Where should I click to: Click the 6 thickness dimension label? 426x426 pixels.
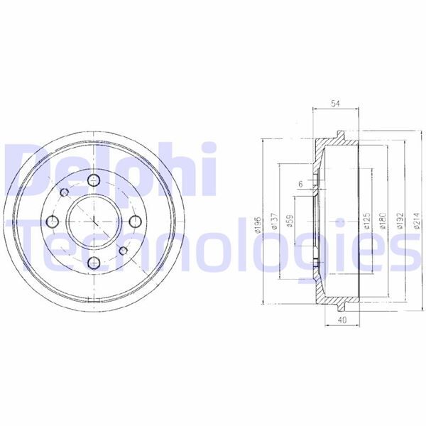[x=300, y=185]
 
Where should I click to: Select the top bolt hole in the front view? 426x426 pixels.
[x=93, y=182]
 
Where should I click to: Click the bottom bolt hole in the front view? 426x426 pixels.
[x=93, y=264]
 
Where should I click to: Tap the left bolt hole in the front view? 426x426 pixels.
[x=52, y=223]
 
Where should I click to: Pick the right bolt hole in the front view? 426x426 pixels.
[x=134, y=223]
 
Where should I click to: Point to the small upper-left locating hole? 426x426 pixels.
[x=64, y=194]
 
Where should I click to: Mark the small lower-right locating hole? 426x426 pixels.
[x=122, y=251]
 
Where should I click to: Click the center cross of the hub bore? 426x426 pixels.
[x=93, y=223]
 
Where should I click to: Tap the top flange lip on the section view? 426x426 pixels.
[x=339, y=135]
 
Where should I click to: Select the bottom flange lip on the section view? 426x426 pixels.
[x=339, y=309]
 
